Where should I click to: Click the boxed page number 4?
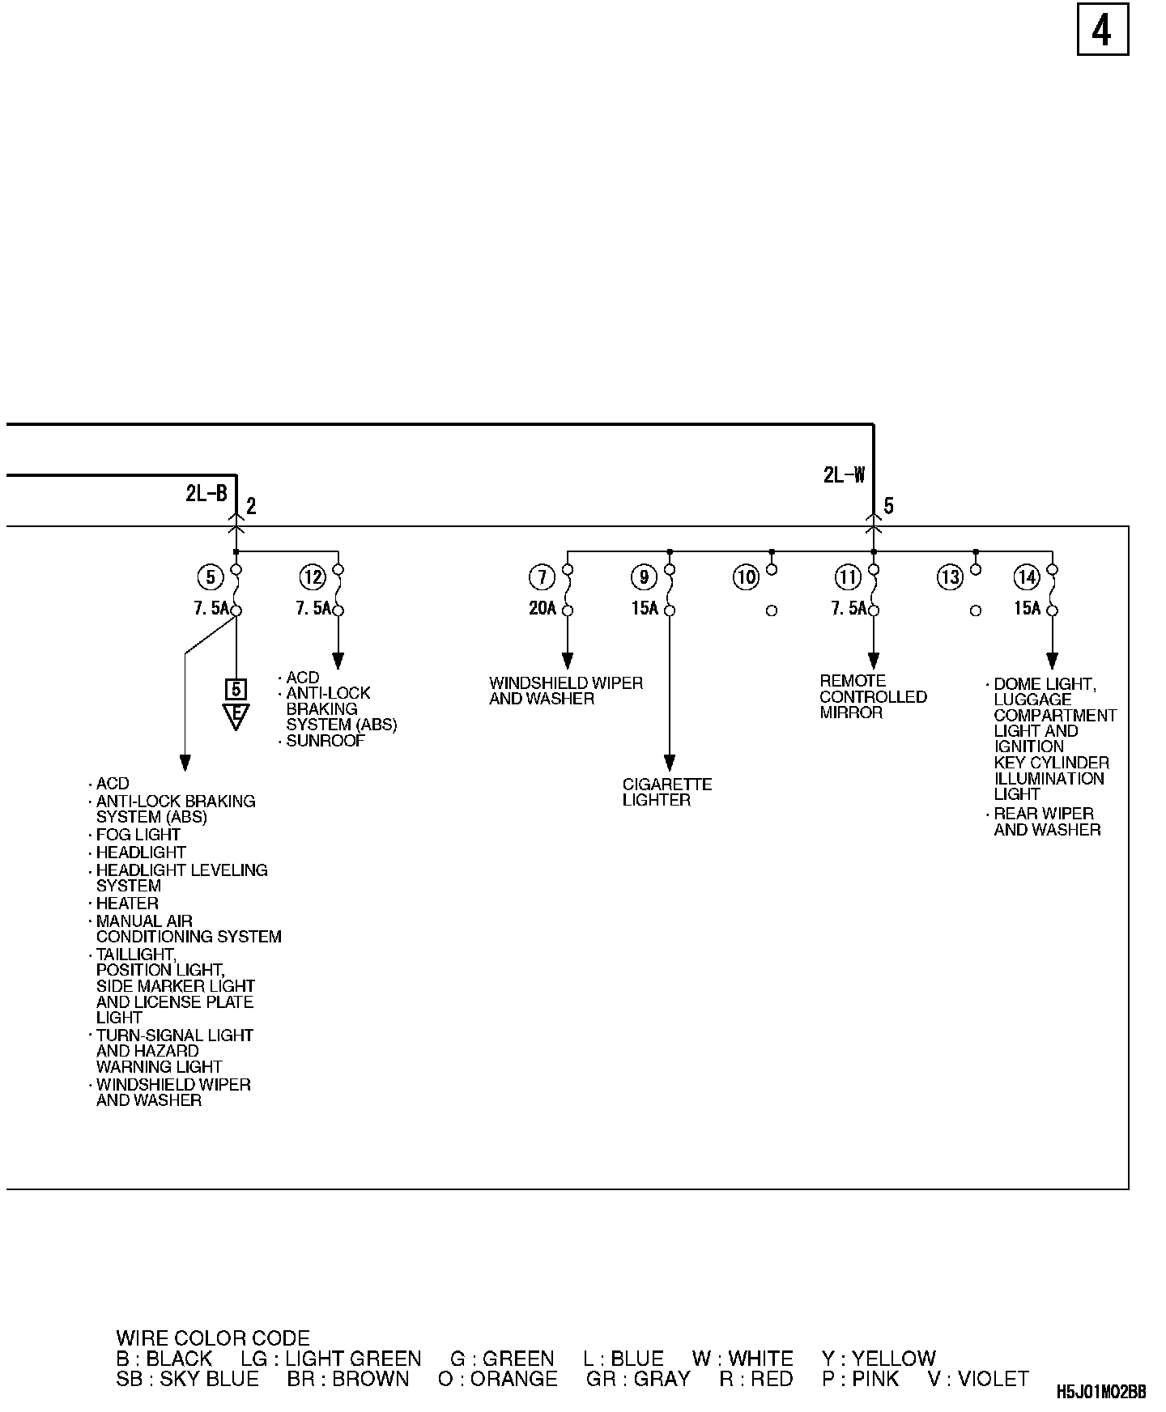tap(1102, 31)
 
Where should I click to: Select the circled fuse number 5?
tap(210, 577)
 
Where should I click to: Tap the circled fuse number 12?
tap(312, 577)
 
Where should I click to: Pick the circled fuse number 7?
tap(542, 577)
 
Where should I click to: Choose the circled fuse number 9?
tap(644, 577)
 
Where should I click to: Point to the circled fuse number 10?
tap(746, 577)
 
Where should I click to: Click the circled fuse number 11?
tap(848, 577)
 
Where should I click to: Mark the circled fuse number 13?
tap(950, 577)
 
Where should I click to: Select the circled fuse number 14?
tap(1027, 577)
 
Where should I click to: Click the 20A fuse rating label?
tap(543, 608)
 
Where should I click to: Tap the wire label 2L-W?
tap(844, 475)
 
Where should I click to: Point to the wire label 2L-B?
tap(206, 493)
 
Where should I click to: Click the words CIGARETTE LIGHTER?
tap(667, 792)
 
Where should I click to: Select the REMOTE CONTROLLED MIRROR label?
tap(873, 697)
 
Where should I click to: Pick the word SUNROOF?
tap(326, 741)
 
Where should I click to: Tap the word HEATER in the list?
tap(127, 904)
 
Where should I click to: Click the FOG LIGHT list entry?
tap(138, 835)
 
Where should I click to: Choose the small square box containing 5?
tap(236, 689)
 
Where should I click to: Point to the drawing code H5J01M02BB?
tap(1100, 1393)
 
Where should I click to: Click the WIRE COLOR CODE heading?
tap(213, 1338)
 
